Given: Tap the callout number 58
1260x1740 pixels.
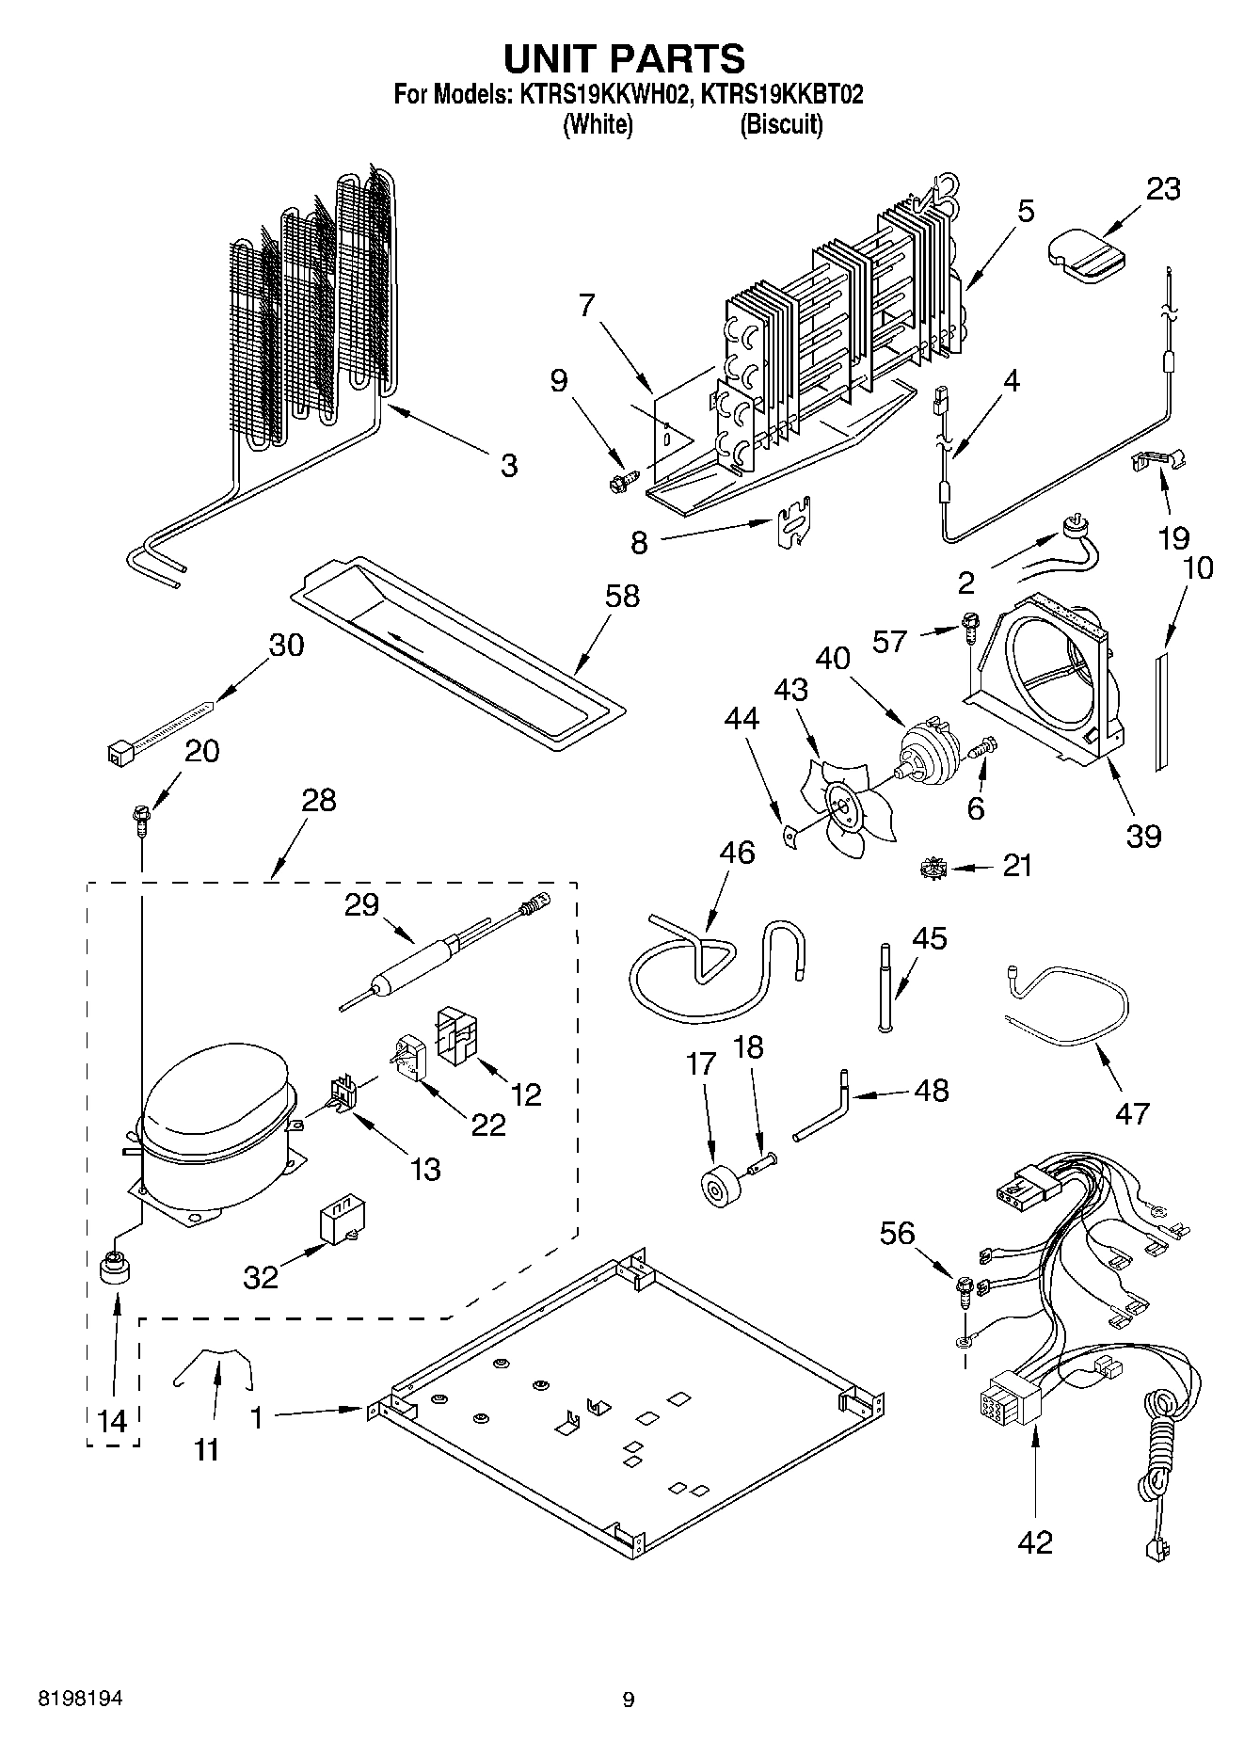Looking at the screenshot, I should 622,596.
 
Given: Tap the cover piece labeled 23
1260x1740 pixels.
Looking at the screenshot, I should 1085,251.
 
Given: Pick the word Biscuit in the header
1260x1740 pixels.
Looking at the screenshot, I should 781,125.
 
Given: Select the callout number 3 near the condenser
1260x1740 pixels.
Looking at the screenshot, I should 508,465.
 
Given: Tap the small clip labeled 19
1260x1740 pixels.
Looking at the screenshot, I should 1156,459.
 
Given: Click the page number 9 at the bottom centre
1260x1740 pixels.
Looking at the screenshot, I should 629,1700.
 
